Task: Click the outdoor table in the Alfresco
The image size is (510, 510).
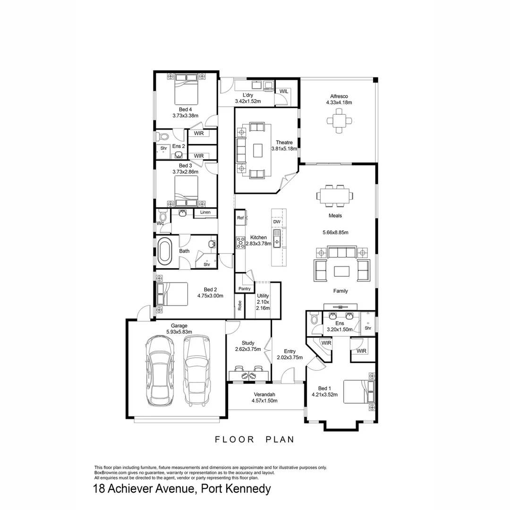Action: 339,121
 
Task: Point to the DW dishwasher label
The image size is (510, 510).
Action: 277,222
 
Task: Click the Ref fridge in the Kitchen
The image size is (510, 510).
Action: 240,218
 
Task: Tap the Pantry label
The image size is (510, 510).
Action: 244,289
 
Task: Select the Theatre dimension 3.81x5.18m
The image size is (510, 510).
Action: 284,148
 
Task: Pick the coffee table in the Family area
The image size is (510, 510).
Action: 341,271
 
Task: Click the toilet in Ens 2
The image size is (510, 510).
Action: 163,137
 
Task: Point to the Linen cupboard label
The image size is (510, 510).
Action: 205,212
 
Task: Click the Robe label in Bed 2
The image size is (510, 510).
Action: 239,306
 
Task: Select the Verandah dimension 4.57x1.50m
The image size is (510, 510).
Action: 264,401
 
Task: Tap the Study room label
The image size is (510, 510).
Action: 248,343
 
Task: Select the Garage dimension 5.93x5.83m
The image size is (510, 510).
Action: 179,332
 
